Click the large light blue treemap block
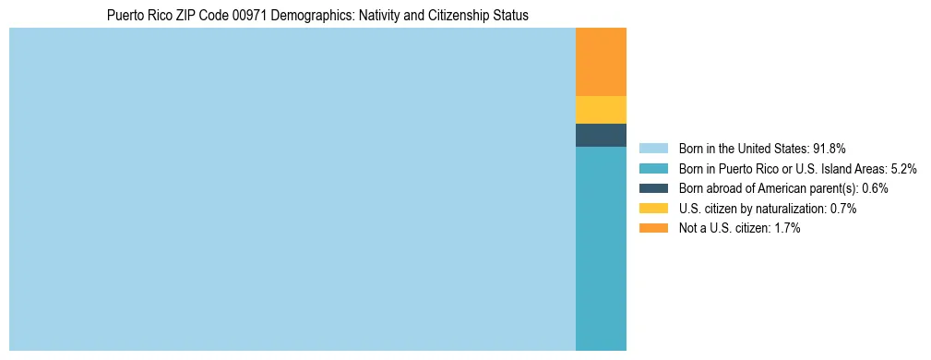tap(292, 189)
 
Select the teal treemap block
tap(601, 248)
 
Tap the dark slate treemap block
tap(601, 135)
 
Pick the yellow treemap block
tap(601, 110)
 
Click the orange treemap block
tap(601, 62)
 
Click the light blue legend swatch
tap(653, 149)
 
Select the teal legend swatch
tap(653, 169)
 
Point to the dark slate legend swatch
tap(653, 188)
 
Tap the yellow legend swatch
tap(653, 209)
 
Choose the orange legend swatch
tap(653, 229)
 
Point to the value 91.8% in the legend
tap(830, 149)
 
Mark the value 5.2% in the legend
tap(904, 169)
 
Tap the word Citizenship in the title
tap(453, 15)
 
